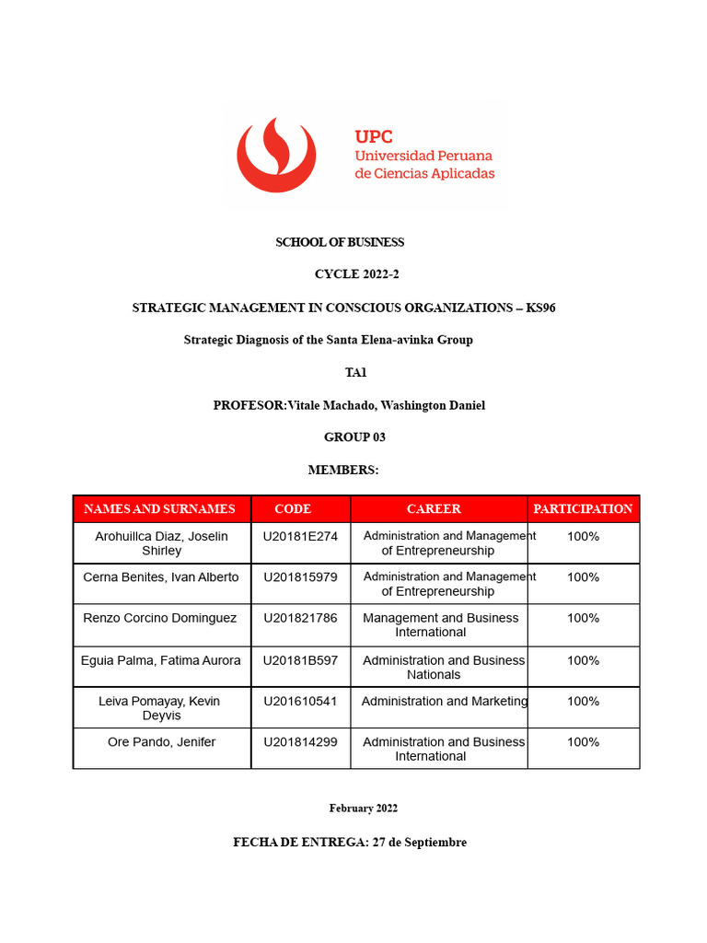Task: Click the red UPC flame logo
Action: click(276, 154)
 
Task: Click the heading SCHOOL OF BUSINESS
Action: click(340, 242)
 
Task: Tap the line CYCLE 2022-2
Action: click(357, 274)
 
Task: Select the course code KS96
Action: click(540, 308)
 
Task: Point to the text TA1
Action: click(355, 372)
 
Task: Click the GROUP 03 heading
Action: click(354, 437)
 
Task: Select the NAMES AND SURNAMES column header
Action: click(159, 508)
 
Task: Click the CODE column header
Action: click(293, 508)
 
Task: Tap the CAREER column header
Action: click(434, 508)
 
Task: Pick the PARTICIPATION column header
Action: click(583, 508)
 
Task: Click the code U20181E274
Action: click(300, 536)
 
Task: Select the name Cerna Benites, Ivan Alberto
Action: click(161, 577)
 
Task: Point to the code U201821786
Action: click(300, 618)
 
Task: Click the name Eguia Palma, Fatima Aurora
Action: click(161, 660)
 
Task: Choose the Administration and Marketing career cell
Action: click(445, 702)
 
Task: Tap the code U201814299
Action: click(300, 742)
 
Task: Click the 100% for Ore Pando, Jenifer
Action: click(583, 742)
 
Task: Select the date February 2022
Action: click(364, 809)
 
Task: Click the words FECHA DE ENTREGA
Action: click(300, 842)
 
